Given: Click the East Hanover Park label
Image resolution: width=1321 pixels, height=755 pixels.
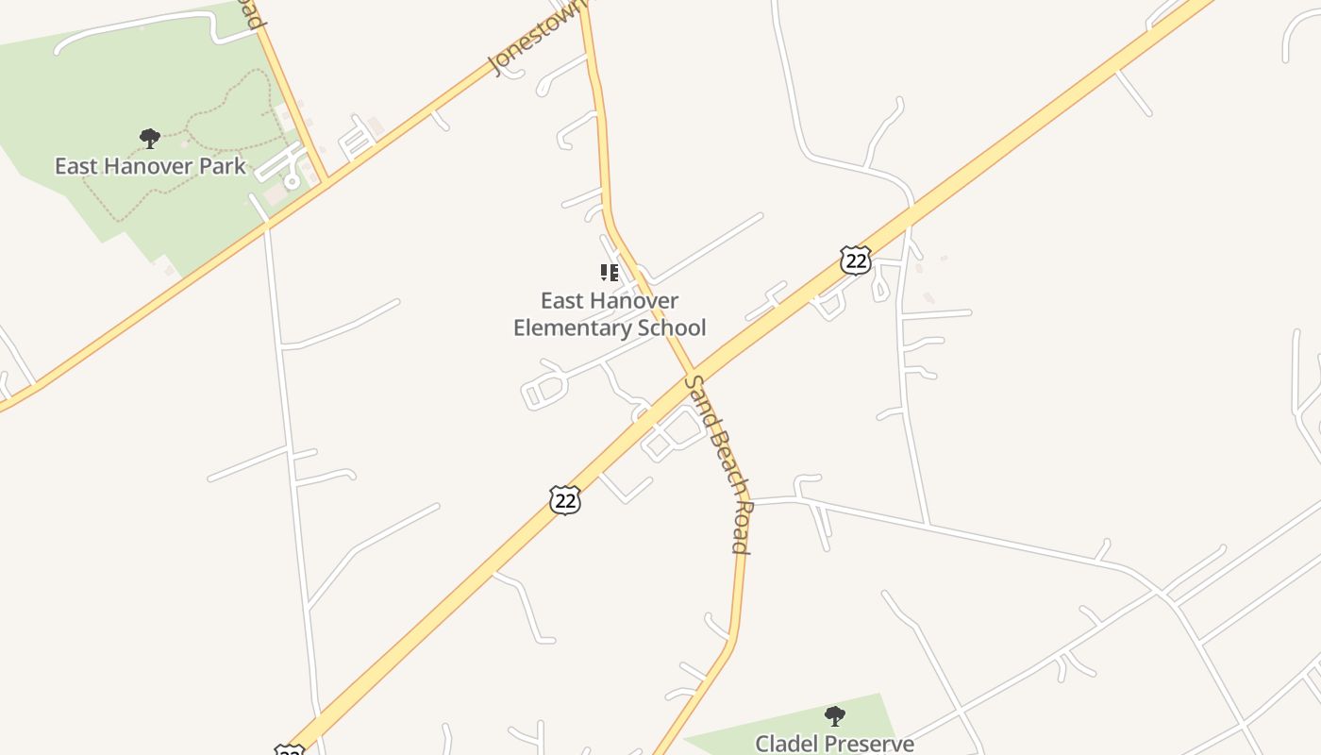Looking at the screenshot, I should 150,166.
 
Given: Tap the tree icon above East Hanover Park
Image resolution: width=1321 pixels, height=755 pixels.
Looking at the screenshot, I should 149,139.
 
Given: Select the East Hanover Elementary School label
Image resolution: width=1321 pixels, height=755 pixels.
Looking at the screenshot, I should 610,314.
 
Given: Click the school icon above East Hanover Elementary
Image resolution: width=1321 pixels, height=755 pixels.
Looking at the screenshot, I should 610,274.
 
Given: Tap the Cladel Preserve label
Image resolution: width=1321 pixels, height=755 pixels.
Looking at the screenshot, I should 834,744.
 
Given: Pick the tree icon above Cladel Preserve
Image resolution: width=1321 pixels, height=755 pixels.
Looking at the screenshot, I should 834,716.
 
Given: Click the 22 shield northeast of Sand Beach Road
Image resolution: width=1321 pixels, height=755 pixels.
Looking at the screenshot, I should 855,260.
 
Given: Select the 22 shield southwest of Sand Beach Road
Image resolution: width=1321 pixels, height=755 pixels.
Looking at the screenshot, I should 565,500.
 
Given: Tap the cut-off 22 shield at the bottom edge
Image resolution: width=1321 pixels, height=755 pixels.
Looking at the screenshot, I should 290,750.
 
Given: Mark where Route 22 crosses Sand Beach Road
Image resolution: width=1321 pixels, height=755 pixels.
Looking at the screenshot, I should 694,371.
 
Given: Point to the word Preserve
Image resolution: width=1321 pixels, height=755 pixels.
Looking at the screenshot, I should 875,744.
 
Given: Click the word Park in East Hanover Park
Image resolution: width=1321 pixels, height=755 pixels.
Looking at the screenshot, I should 226,166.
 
